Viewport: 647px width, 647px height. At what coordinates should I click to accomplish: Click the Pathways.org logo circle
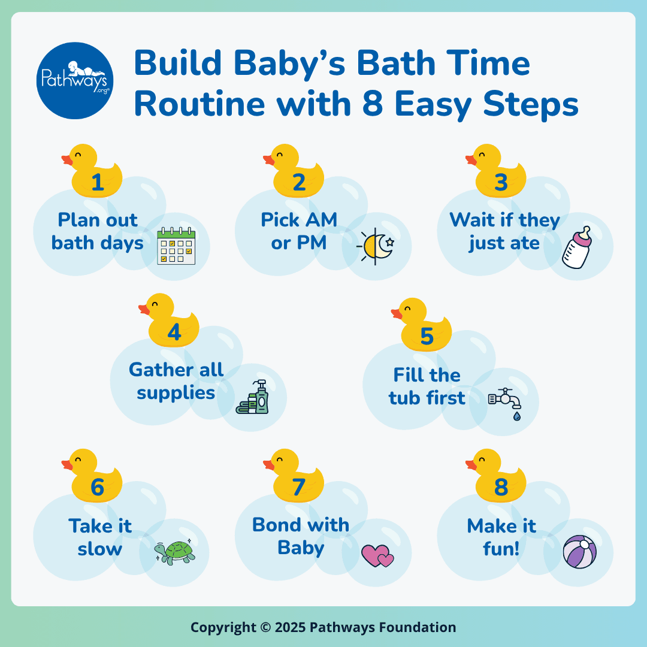[75, 80]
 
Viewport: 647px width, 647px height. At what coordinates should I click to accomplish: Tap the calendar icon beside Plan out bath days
[176, 246]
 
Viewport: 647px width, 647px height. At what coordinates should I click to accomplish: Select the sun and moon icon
[376, 246]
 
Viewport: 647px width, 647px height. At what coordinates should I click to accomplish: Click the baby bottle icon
[577, 247]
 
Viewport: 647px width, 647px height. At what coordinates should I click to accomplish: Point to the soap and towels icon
[253, 397]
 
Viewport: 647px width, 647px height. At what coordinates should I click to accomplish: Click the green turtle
[175, 552]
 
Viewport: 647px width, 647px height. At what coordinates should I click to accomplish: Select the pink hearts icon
[377, 555]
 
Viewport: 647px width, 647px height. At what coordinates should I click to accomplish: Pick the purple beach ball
[580, 552]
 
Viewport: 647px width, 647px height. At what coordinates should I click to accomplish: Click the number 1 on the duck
[98, 182]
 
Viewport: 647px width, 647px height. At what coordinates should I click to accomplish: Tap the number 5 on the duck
[427, 336]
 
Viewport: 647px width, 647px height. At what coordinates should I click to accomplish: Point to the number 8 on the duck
[501, 487]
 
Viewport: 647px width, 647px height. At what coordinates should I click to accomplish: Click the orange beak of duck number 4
[144, 310]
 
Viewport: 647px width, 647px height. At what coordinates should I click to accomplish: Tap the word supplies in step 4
[176, 394]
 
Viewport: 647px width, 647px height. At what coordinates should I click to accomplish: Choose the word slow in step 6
[100, 549]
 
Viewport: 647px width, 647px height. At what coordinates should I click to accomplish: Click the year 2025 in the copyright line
[290, 627]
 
